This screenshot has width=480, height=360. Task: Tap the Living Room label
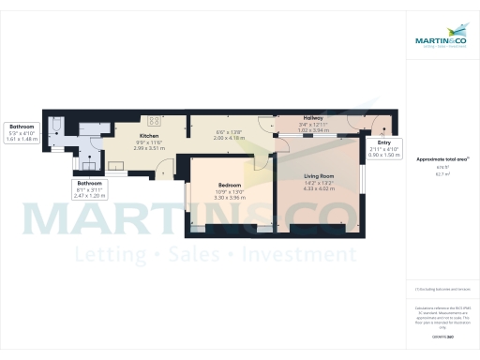click(x=319, y=175)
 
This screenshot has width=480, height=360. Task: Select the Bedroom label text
click(x=229, y=186)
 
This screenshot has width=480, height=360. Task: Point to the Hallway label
click(x=312, y=117)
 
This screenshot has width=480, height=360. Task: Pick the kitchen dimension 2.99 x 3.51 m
click(x=151, y=148)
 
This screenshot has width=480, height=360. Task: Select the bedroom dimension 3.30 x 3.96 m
click(x=229, y=198)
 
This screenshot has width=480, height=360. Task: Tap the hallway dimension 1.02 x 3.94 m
click(x=312, y=129)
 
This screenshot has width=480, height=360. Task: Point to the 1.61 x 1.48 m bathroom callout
click(x=22, y=138)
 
